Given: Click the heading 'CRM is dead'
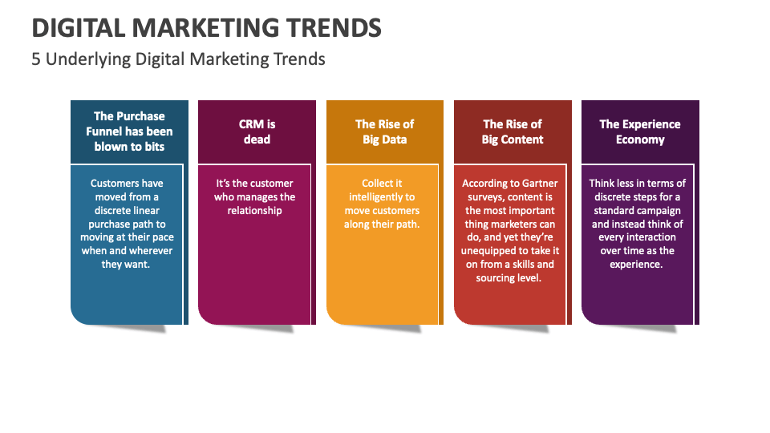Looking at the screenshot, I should [x=257, y=132].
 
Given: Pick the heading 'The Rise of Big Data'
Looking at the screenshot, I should [x=384, y=132].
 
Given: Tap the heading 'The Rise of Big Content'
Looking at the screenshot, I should [x=512, y=132].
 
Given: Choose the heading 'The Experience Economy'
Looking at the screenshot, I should [x=639, y=132].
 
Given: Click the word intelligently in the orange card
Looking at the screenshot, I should [x=381, y=196].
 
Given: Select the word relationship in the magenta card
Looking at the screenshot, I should [x=254, y=210].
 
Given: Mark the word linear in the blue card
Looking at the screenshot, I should [x=153, y=210].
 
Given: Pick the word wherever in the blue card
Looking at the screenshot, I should [x=151, y=250].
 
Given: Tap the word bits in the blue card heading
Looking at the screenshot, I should [x=153, y=147].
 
